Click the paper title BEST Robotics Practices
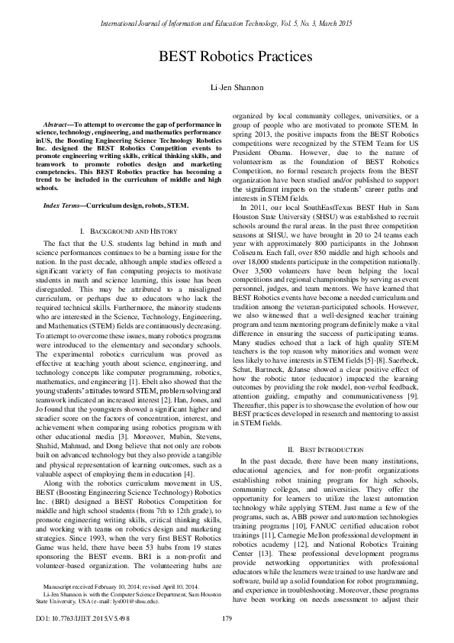227,57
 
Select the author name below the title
227,88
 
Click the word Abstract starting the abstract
56,123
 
